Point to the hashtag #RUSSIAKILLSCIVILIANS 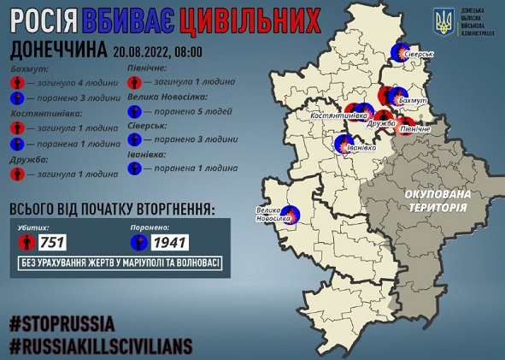click(x=101, y=346)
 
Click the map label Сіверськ click(x=420, y=54)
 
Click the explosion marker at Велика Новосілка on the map click(x=291, y=213)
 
